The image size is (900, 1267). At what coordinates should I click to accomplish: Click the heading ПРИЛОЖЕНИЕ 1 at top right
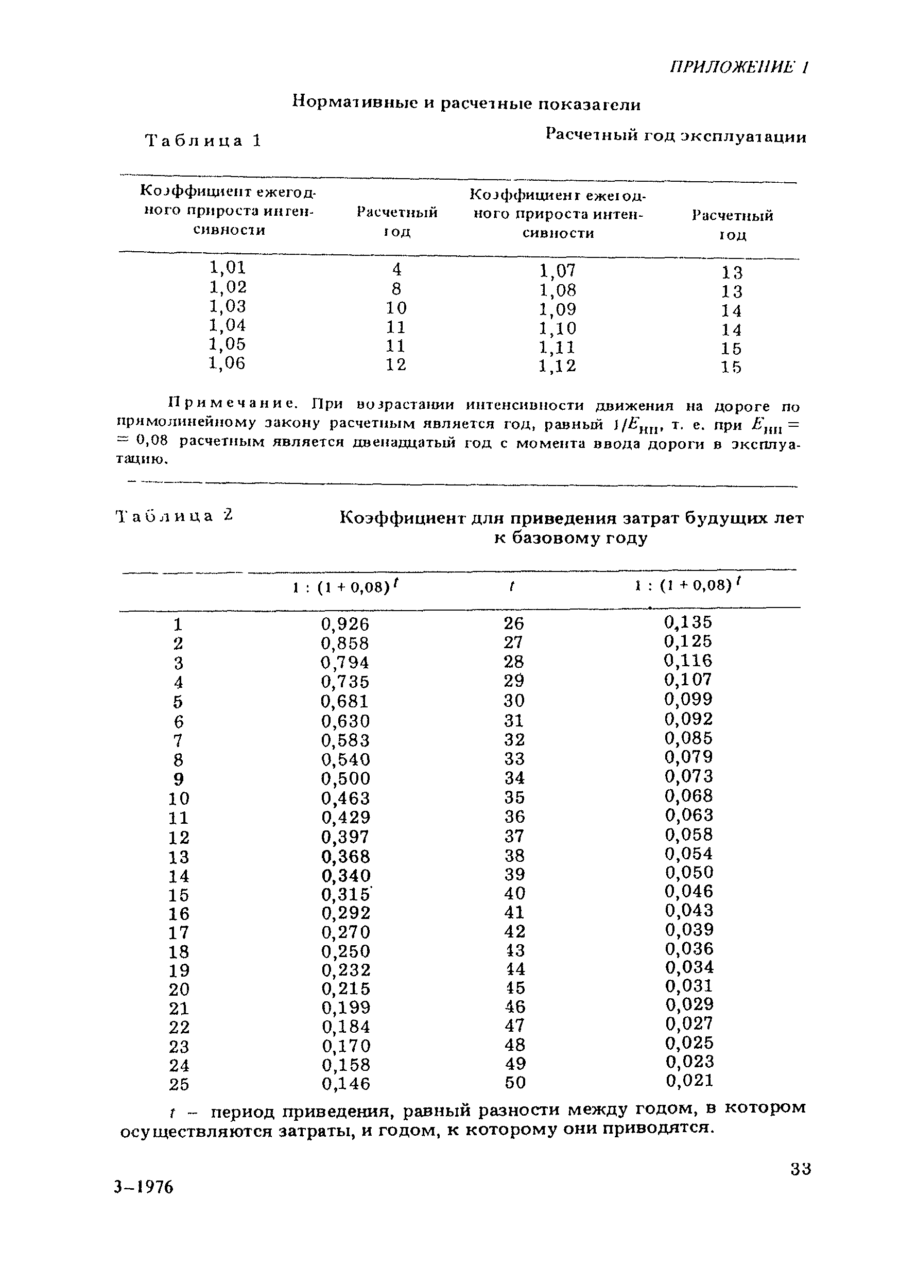pyautogui.click(x=739, y=67)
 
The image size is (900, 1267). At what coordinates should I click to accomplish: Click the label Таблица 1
pyautogui.click(x=202, y=141)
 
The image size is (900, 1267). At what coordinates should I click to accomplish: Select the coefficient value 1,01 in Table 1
pyautogui.click(x=227, y=268)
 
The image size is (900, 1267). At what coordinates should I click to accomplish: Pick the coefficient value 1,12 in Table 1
pyautogui.click(x=557, y=366)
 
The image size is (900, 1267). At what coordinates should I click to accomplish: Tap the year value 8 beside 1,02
pyautogui.click(x=396, y=289)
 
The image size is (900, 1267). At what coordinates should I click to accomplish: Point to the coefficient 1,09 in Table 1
pyautogui.click(x=557, y=309)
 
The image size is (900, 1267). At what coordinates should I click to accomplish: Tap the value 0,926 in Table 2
pyautogui.click(x=344, y=624)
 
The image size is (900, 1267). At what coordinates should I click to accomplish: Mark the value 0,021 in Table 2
pyautogui.click(x=689, y=1080)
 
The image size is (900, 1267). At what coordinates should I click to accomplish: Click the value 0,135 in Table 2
pyautogui.click(x=688, y=622)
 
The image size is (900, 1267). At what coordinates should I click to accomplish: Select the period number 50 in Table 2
pyautogui.click(x=515, y=1082)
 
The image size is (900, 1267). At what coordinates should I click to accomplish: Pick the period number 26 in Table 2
pyautogui.click(x=514, y=624)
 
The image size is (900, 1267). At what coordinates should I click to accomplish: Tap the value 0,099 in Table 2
pyautogui.click(x=688, y=699)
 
